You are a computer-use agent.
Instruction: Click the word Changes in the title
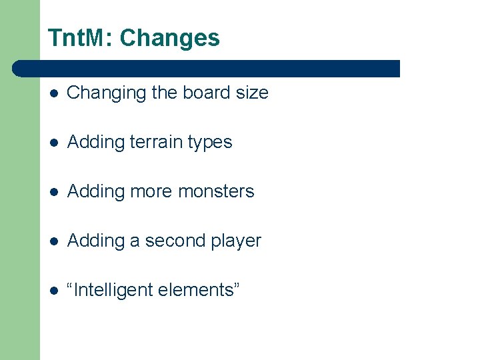(x=169, y=39)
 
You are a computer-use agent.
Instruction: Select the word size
(x=252, y=93)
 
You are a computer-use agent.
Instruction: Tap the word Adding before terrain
(x=97, y=143)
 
